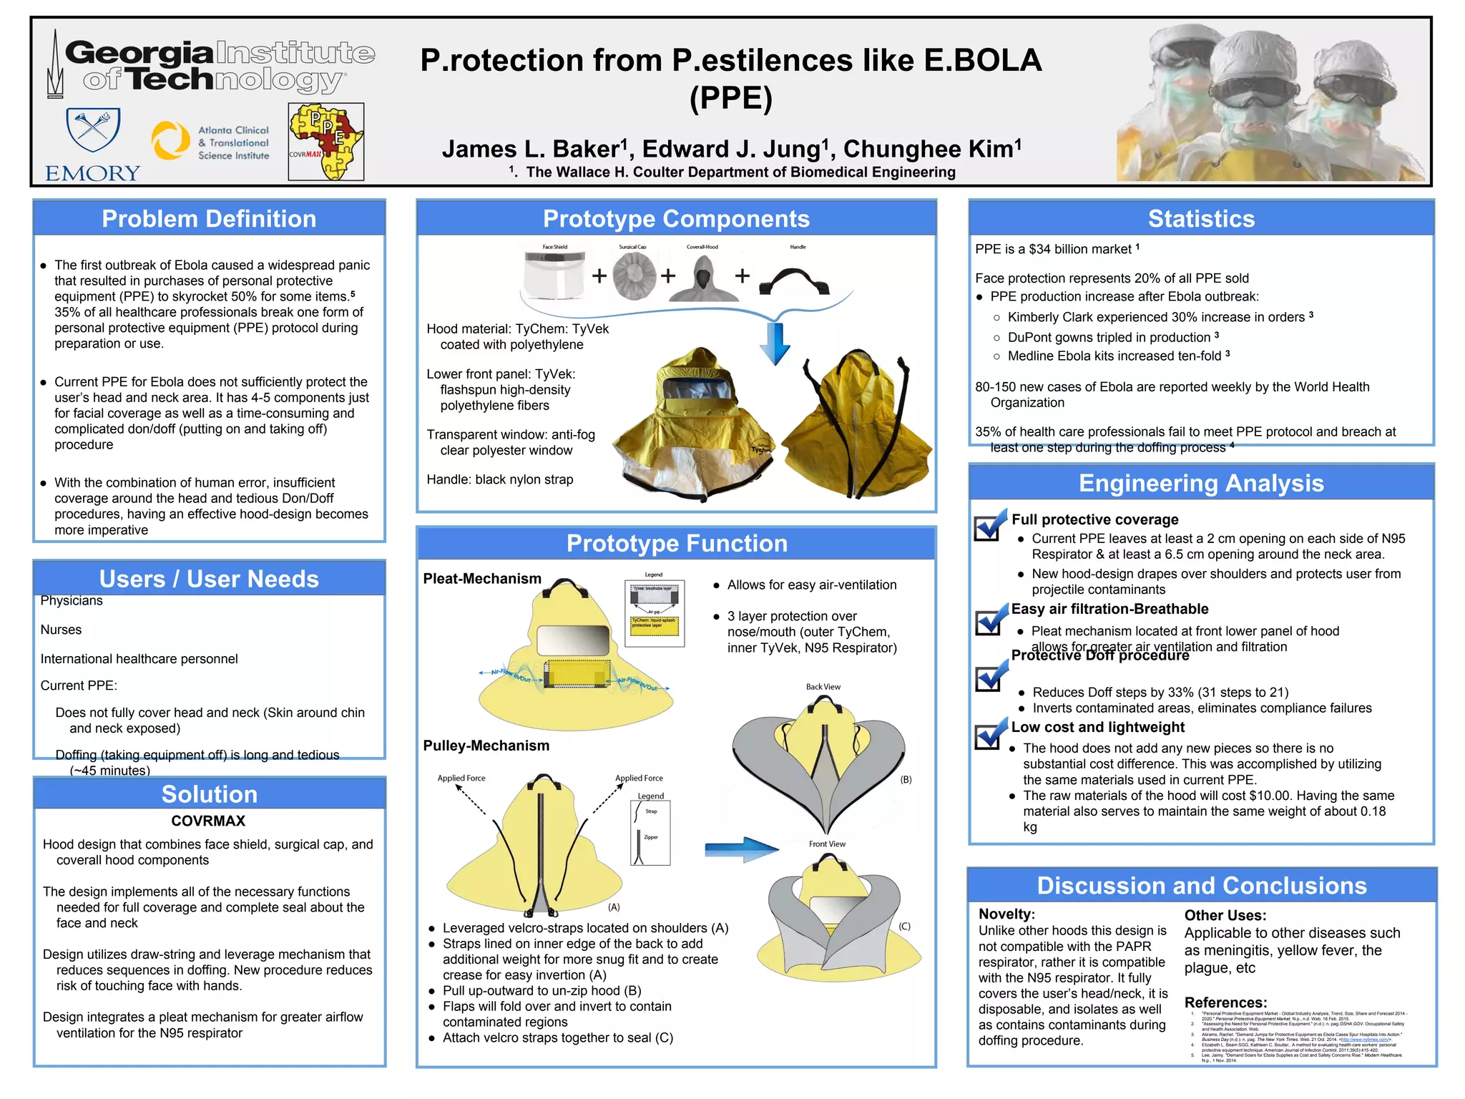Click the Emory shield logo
[93, 130]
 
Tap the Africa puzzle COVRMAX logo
[326, 142]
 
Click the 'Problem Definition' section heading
[209, 219]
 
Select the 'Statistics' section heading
[1201, 219]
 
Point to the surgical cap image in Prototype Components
[634, 276]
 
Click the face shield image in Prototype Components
[554, 276]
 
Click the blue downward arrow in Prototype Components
[775, 343]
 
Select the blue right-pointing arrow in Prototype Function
[740, 849]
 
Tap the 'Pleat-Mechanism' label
[482, 579]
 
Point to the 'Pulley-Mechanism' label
[486, 746]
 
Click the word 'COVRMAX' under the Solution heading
[208, 821]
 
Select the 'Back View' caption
[823, 687]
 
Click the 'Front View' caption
[827, 844]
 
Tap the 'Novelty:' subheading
[1006, 914]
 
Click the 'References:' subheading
[1225, 1002]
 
